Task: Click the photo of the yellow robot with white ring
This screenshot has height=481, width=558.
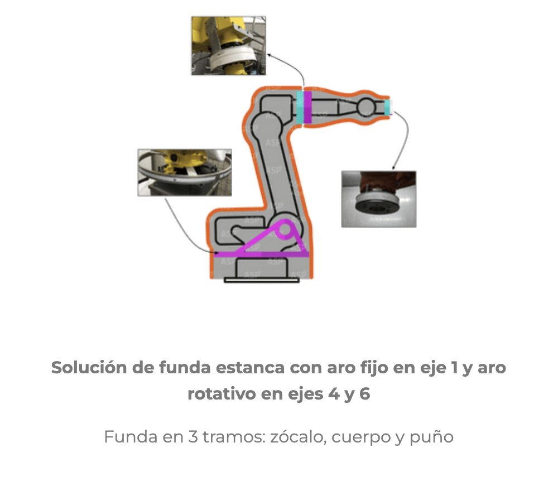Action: tap(228, 46)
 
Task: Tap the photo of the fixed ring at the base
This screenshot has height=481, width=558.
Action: tap(185, 172)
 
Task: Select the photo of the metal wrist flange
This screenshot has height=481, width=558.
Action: tap(379, 199)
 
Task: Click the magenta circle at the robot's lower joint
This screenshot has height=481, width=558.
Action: tap(285, 229)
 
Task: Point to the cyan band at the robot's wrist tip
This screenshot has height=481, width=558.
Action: tap(387, 108)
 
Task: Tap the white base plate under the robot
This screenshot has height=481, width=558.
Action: tap(262, 280)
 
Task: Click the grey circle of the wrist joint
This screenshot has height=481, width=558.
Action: tap(366, 107)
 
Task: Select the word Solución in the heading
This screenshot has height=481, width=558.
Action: tap(89, 367)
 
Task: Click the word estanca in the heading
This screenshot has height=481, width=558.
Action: tap(250, 368)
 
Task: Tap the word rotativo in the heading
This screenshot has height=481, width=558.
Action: tap(222, 394)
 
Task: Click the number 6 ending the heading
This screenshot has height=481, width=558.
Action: tap(365, 394)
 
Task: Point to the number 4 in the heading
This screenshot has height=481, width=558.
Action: tap(334, 394)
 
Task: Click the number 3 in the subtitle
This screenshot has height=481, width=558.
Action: tap(193, 436)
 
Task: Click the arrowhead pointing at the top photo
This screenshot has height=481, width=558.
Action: tap(270, 55)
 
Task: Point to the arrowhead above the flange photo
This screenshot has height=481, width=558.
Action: tap(393, 167)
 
